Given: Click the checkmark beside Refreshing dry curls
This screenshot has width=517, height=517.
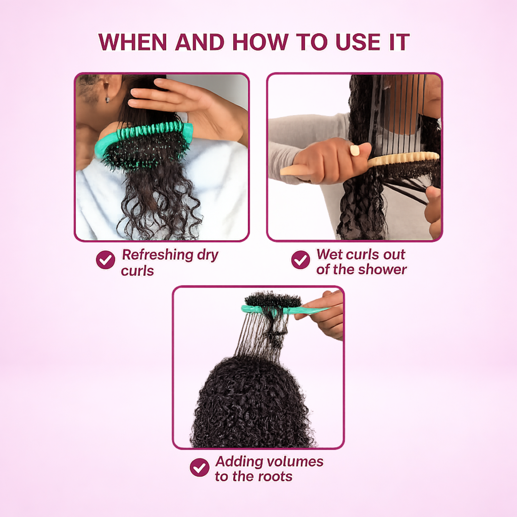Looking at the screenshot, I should coord(105,260).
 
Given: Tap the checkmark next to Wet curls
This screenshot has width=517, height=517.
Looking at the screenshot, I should coord(300,260).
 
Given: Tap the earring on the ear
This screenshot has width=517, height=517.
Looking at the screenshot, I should coord(107,99).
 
